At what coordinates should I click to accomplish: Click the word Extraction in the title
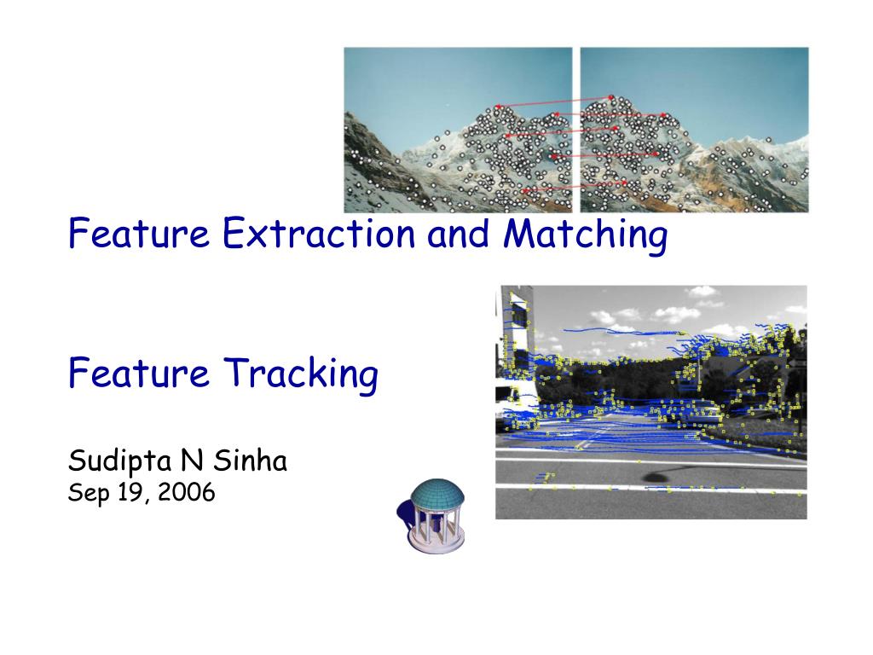pyautogui.click(x=319, y=233)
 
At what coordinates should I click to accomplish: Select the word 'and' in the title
pyautogui.click(x=458, y=233)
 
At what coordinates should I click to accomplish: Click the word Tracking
pyautogui.click(x=301, y=374)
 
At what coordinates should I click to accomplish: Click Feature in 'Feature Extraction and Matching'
pyautogui.click(x=139, y=233)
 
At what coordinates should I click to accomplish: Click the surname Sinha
pyautogui.click(x=251, y=460)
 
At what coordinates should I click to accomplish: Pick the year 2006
pyautogui.click(x=187, y=492)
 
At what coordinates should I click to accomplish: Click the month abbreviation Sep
pyautogui.click(x=89, y=494)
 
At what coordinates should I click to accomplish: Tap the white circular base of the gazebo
pyautogui.click(x=436, y=543)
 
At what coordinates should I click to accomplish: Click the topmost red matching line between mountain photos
pyautogui.click(x=554, y=102)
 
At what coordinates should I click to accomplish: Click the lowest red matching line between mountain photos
pyautogui.click(x=574, y=187)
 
